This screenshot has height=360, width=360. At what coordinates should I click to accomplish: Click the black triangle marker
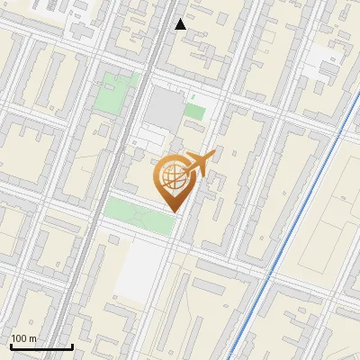point(181,24)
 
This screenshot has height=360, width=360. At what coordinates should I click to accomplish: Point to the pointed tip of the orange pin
point(172,211)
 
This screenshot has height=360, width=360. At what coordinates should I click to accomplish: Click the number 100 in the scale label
point(21,339)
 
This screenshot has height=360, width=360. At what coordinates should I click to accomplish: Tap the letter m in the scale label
point(33,339)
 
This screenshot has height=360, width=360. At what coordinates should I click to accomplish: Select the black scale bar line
point(40,347)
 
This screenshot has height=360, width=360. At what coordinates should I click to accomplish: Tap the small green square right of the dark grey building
point(195,112)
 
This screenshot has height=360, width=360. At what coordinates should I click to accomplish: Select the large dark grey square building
point(165,108)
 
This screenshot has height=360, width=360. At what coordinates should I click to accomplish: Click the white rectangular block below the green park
point(139,270)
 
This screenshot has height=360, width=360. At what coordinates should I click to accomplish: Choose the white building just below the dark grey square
point(150,139)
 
